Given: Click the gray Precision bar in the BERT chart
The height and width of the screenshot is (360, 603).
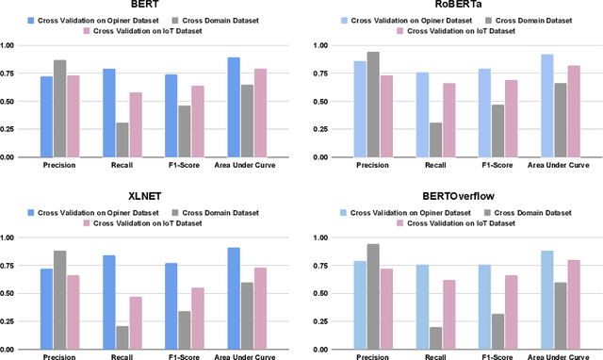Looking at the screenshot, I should [x=60, y=108].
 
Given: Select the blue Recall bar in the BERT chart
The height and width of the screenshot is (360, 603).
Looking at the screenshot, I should [x=109, y=113].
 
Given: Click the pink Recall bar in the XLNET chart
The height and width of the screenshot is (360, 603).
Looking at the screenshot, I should [x=136, y=322].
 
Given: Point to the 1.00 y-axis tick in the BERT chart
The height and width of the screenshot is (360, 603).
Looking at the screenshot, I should [x=10, y=45].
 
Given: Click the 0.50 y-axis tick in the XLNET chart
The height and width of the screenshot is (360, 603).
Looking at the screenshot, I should [x=10, y=293].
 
